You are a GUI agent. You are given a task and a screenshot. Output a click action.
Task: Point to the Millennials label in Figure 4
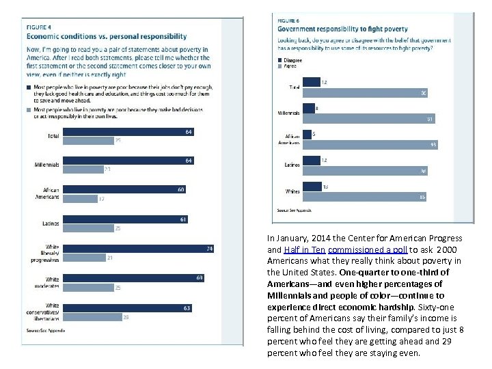click(46, 165)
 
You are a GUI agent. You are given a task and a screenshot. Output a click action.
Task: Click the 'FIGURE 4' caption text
click(39, 27)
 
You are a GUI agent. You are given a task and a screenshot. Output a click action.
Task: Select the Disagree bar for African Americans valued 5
click(306, 135)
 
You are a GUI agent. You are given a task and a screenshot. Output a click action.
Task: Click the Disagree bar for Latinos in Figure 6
click(311, 161)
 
